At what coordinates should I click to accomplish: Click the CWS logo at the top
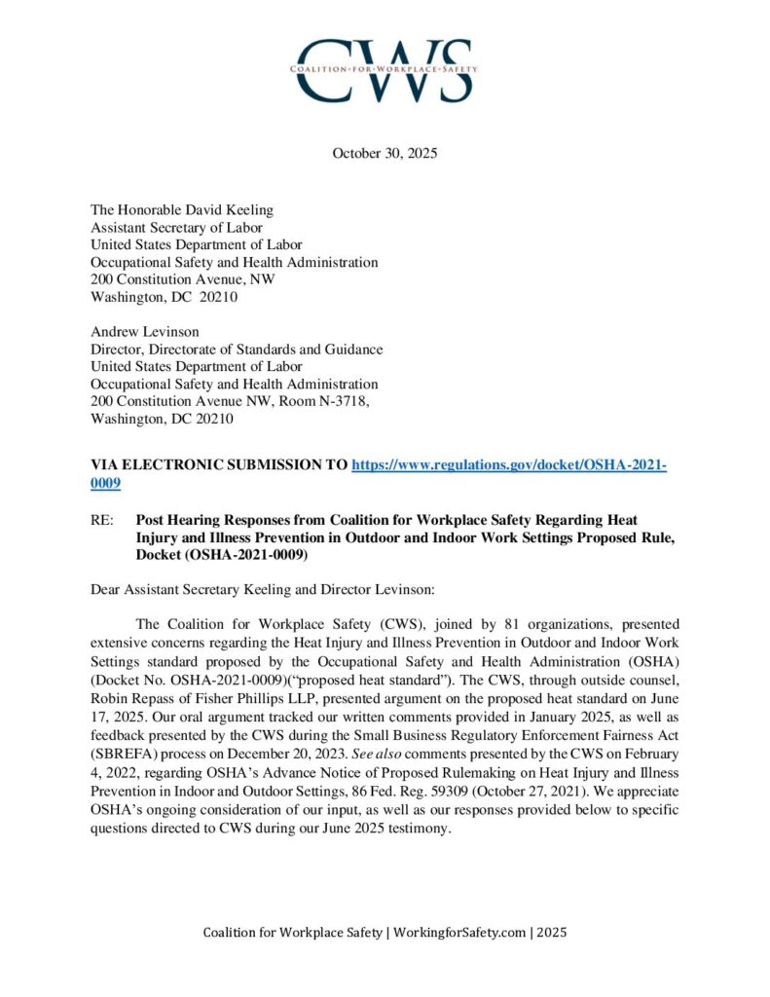point(385,70)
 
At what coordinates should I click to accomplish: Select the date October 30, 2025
point(385,153)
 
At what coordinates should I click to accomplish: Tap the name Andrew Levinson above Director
point(144,332)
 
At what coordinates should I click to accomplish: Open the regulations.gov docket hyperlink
point(507,465)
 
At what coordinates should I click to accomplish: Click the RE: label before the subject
point(101,521)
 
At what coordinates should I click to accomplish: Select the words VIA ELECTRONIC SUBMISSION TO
point(218,465)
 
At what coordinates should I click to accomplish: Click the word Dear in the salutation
point(106,589)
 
